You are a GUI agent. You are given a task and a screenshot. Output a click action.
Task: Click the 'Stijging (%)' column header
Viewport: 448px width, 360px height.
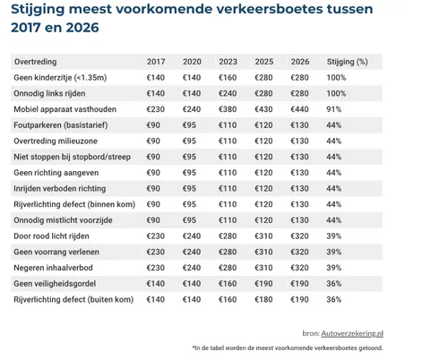point(348,63)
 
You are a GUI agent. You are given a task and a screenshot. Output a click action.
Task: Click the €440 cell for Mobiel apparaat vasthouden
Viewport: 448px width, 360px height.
point(300,110)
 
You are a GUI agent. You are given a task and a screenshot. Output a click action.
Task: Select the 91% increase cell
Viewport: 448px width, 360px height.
point(336,110)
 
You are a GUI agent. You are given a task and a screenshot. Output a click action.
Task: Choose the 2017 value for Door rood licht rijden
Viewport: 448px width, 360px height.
point(156,236)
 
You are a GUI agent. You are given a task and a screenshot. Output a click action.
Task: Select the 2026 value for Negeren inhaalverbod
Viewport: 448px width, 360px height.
point(300,267)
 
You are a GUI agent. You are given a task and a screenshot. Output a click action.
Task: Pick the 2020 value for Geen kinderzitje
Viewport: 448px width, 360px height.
point(191,79)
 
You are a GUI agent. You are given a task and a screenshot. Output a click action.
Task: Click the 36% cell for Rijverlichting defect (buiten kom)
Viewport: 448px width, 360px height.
point(336,298)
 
